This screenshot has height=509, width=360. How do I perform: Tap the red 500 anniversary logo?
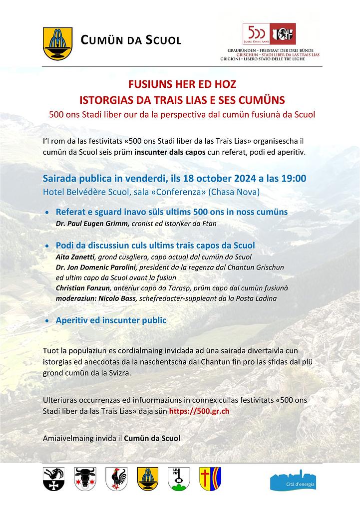coord(269,34)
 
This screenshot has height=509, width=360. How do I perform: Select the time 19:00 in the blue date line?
coord(294,178)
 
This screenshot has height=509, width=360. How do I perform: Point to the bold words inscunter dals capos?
coord(170,152)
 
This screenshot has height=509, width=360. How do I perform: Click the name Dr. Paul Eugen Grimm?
coord(93,224)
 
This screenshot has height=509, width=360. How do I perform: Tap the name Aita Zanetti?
coord(73,256)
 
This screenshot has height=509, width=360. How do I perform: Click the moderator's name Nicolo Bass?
coord(111,298)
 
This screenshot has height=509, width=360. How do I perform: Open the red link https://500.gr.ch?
coord(199,411)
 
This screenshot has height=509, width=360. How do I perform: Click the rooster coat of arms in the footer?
coord(116,479)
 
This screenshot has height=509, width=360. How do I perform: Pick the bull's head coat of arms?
coord(85,479)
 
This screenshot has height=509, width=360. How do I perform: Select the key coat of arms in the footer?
coord(178,479)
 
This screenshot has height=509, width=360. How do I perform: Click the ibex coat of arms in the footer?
coord(53,479)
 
